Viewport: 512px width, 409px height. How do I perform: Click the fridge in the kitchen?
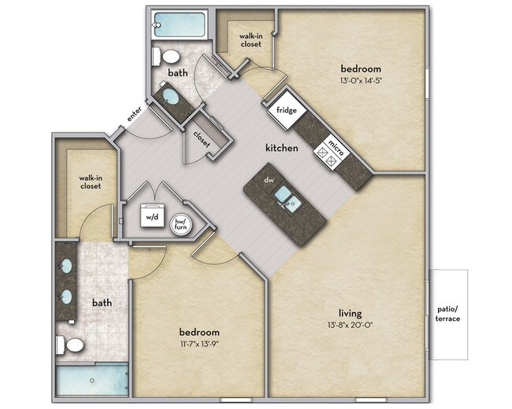point(287,110)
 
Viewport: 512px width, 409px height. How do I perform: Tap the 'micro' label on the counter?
point(336,147)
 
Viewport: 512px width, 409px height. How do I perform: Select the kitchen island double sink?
point(288,198)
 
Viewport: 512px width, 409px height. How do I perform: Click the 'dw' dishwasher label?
point(269,179)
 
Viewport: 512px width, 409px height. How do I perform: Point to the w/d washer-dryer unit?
point(152,216)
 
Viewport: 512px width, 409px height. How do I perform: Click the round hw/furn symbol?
point(180,224)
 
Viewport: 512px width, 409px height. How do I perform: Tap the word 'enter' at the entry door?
point(134,114)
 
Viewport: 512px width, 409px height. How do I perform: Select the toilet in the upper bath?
point(166,57)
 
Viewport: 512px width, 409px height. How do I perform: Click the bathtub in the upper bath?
point(179,24)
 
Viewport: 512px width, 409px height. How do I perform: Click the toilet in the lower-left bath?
point(69,345)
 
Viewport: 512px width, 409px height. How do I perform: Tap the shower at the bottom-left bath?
point(92,380)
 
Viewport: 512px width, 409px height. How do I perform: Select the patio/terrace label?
point(447,314)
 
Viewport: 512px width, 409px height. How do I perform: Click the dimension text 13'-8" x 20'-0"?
point(351,325)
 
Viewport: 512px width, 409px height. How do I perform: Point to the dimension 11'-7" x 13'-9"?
point(198,344)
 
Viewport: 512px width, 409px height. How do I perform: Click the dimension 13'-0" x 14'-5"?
point(361,80)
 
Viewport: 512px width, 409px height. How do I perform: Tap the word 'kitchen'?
point(282,148)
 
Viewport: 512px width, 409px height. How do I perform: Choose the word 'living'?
point(351,314)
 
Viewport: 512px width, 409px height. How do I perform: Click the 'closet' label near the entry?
point(202,139)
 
